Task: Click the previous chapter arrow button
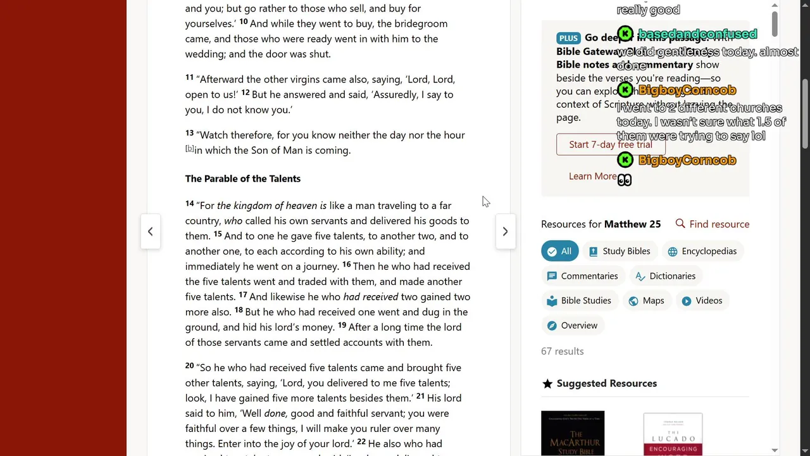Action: (150, 232)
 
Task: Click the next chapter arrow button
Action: (505, 232)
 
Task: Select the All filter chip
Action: (559, 251)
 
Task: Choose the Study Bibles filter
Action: (620, 251)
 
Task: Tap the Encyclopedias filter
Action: (702, 251)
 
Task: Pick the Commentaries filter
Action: (582, 276)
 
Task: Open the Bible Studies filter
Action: (579, 301)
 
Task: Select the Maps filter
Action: (646, 301)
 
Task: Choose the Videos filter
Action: (702, 301)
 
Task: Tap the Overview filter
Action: (572, 326)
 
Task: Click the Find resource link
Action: (713, 224)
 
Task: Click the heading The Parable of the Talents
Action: (242, 179)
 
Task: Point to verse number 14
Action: (189, 203)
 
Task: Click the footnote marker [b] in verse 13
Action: (189, 149)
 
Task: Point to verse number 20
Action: (189, 365)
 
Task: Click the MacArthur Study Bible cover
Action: (573, 434)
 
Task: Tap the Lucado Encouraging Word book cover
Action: (673, 434)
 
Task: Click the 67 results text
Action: (562, 351)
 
